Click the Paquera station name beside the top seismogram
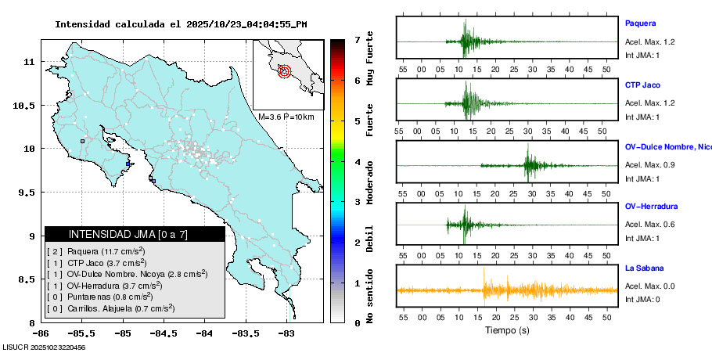coord(640,23)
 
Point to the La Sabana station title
coord(644,268)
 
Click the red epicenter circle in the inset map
coord(284,71)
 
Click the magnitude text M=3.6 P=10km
coord(286,117)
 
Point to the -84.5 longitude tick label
coord(164,333)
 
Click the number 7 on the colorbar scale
coord(357,39)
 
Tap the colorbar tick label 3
coord(357,202)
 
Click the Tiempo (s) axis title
coord(507,329)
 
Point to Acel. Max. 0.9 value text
coord(649,164)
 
